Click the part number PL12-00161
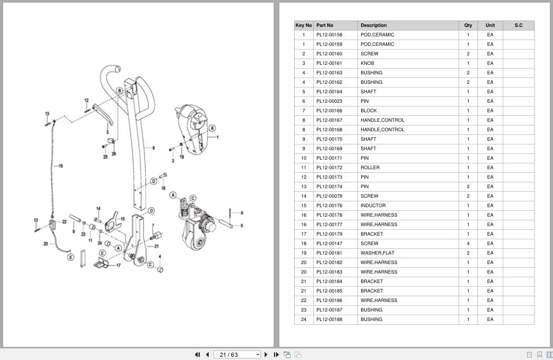pos(329,63)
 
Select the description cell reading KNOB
pos(367,63)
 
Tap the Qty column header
pos(468,25)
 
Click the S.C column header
pos(518,25)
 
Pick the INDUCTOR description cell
pos(373,206)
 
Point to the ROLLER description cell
pos(370,168)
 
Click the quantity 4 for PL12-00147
pos(468,244)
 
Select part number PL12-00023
pos(329,101)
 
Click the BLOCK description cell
pos(368,111)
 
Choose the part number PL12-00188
pos(329,319)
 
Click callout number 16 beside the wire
pos(61,166)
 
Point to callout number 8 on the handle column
pos(153,148)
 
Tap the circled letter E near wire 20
pos(71,257)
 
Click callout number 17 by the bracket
pos(119,265)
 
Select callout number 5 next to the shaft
pos(241,226)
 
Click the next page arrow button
pos(266,355)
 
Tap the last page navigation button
pos(276,355)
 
